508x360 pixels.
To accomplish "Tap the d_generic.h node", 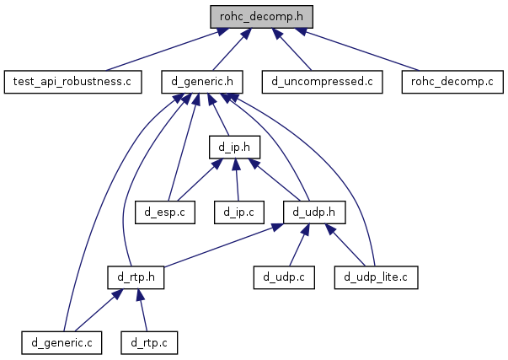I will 203,82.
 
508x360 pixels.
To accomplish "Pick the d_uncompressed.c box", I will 322,82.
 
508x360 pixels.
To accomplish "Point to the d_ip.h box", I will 234,148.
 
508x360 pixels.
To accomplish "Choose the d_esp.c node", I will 164,212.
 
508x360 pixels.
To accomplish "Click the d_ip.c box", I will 239,212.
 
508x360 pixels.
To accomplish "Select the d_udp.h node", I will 315,212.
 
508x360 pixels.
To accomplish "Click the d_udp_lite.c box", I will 376,276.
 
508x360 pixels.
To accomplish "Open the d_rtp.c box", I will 150,341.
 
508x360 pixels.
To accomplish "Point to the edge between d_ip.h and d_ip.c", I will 237,180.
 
